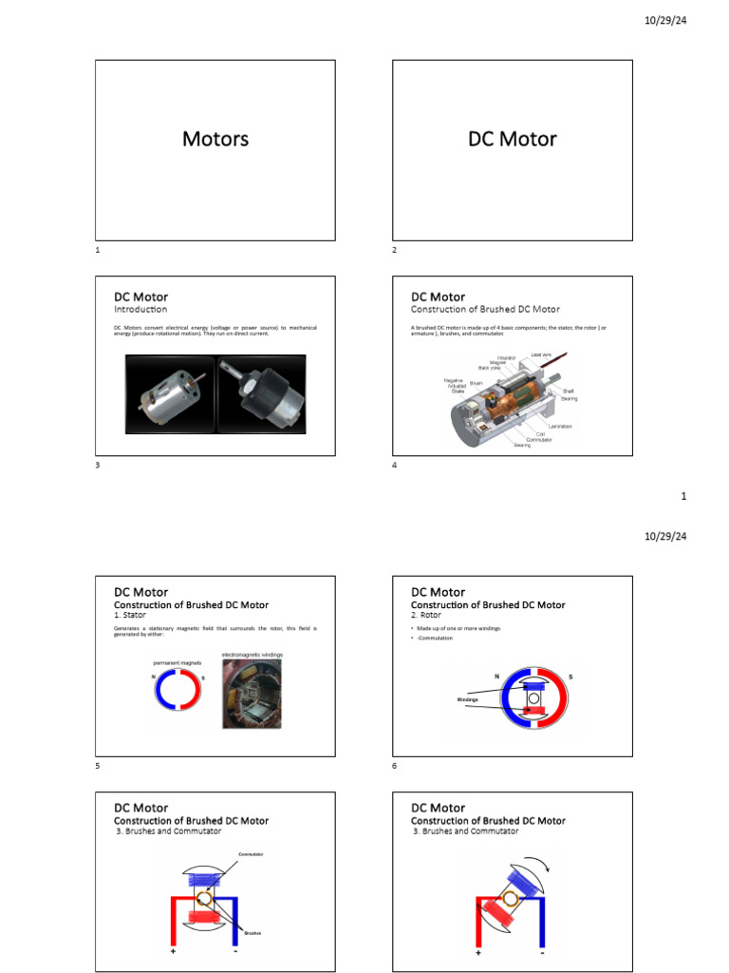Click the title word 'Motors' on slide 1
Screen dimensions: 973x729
point(215,139)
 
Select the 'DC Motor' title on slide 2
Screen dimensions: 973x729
point(513,139)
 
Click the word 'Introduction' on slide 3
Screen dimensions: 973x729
point(140,310)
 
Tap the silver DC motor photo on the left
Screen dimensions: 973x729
point(171,394)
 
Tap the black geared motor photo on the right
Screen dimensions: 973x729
point(261,394)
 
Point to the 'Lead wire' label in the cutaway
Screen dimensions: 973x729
point(540,354)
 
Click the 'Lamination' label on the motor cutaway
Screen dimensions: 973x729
point(560,426)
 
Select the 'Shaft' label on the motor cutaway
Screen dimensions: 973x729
point(568,391)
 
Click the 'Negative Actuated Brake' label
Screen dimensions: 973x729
point(454,385)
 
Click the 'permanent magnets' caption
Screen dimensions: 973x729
point(178,662)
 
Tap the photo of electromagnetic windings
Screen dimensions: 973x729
point(252,694)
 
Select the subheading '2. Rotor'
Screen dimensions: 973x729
point(426,616)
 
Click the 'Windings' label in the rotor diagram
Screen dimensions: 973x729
point(468,699)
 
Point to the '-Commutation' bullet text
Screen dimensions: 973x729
point(436,638)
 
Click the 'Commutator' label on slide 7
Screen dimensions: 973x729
point(251,854)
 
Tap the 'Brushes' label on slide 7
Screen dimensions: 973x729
point(252,933)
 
